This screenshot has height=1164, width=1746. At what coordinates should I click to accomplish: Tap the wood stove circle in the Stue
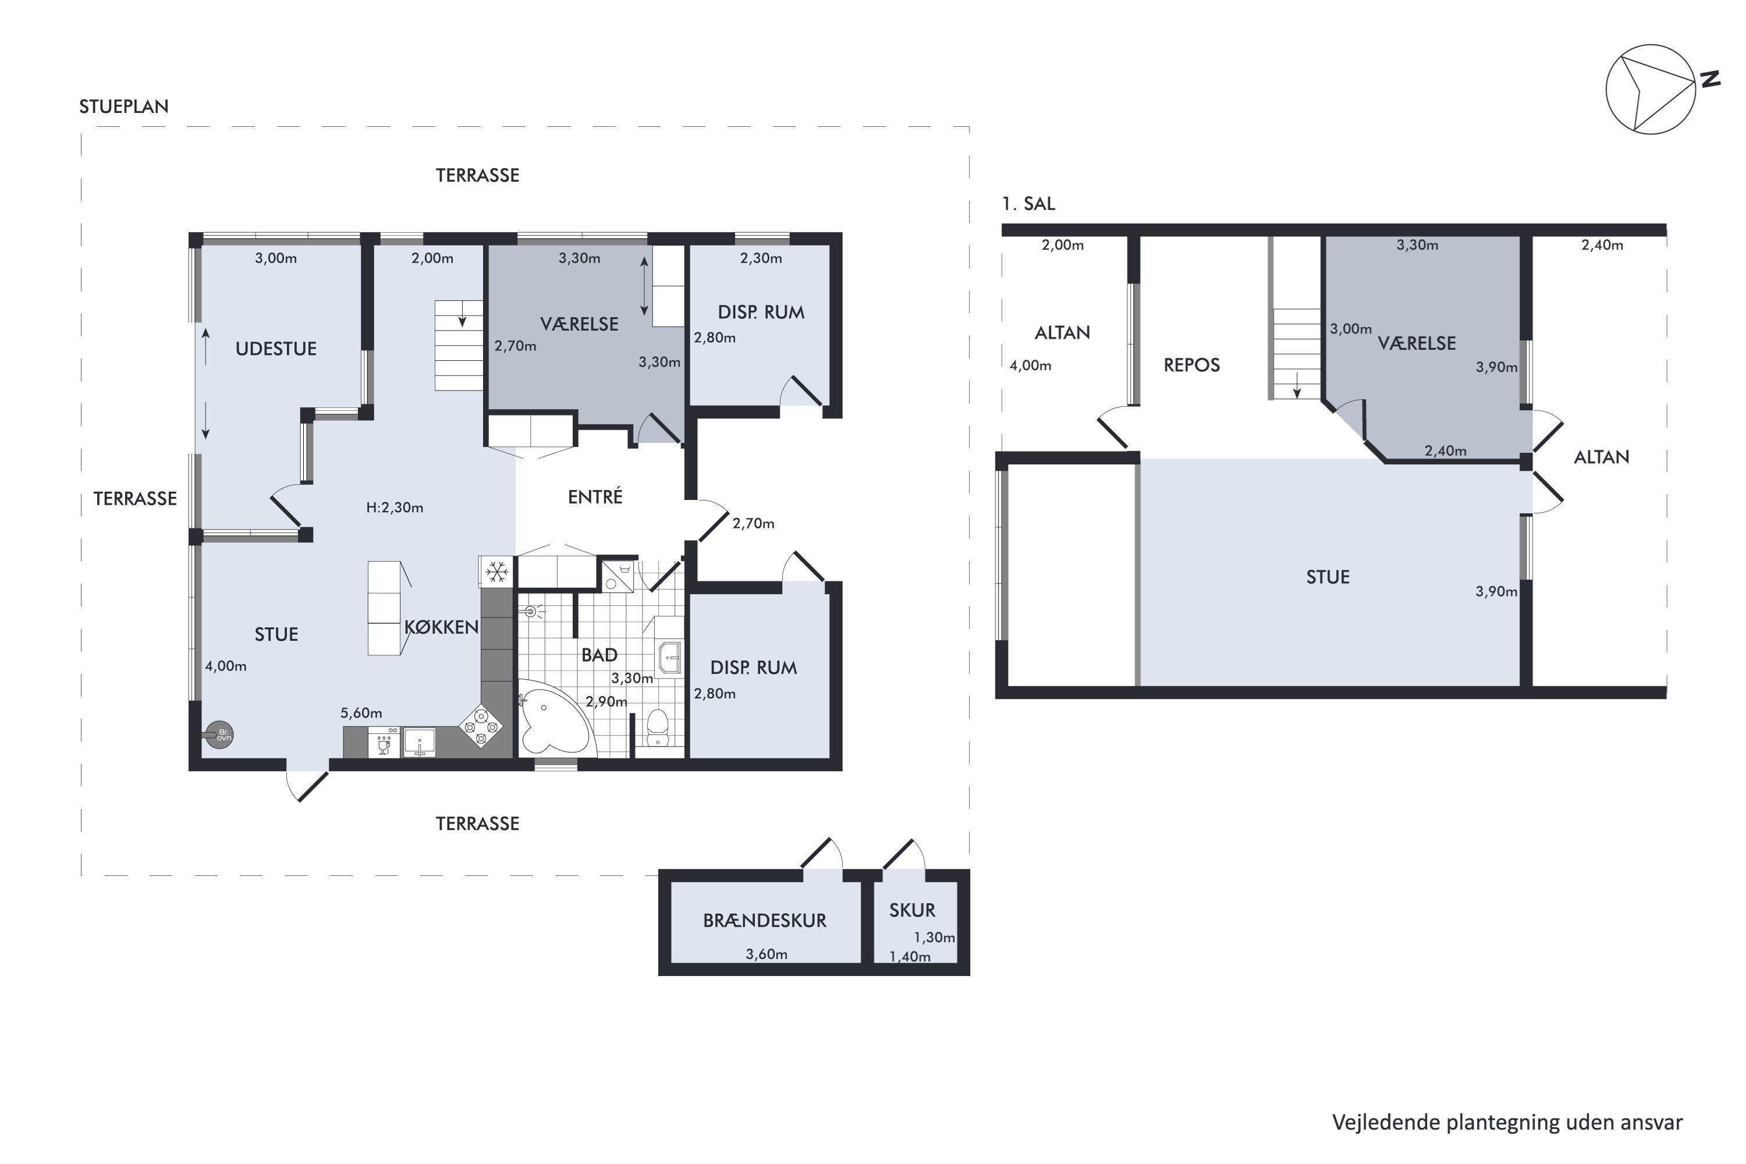[221, 735]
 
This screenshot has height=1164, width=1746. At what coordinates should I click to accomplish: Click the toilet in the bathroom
[658, 727]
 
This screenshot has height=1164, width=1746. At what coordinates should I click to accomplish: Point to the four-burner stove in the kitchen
[480, 726]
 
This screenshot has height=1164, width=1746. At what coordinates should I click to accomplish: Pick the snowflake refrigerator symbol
[496, 571]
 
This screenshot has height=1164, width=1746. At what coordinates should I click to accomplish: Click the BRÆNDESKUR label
[765, 921]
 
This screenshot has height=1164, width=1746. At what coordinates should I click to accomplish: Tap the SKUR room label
[913, 910]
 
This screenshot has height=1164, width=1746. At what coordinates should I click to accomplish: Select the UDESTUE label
[276, 349]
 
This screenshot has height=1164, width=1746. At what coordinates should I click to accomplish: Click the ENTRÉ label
[595, 496]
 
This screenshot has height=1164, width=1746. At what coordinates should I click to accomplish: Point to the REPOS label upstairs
[1191, 365]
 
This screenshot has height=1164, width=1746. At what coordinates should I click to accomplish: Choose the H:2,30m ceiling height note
[395, 508]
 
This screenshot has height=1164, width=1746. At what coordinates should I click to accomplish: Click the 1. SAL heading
[1028, 203]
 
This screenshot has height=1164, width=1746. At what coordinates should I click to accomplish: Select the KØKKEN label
[441, 627]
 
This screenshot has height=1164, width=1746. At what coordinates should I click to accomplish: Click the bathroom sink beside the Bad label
[670, 658]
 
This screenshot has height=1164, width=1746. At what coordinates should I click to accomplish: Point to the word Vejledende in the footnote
[1386, 1123]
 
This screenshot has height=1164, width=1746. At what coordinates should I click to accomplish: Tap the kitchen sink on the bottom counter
[420, 743]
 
